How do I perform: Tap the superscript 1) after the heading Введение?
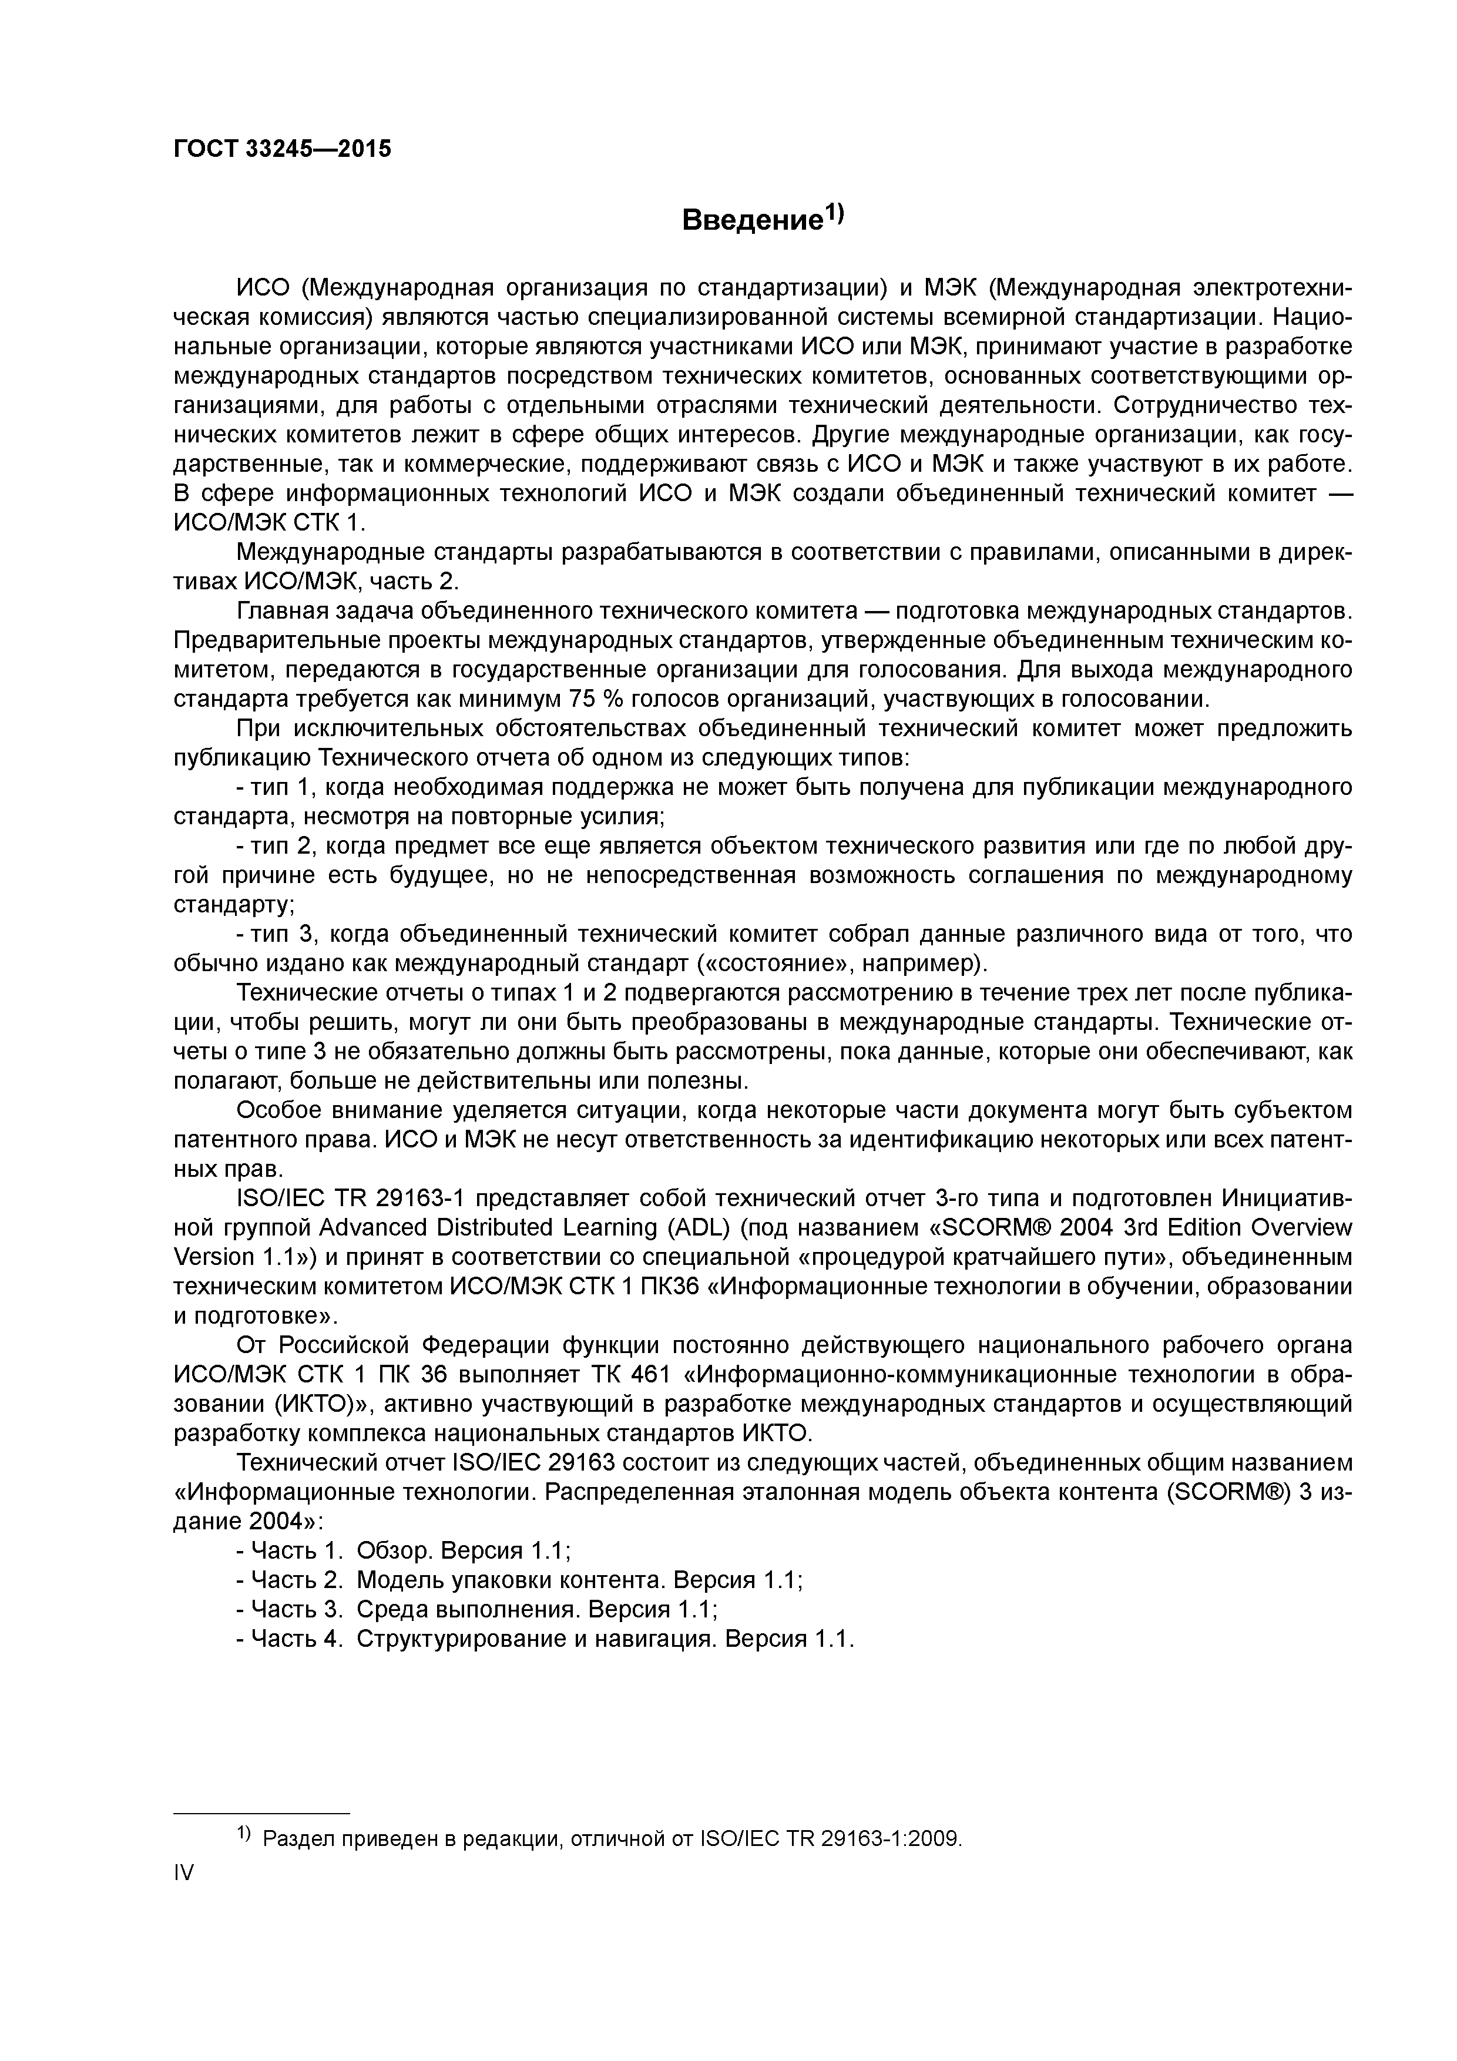[835, 213]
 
